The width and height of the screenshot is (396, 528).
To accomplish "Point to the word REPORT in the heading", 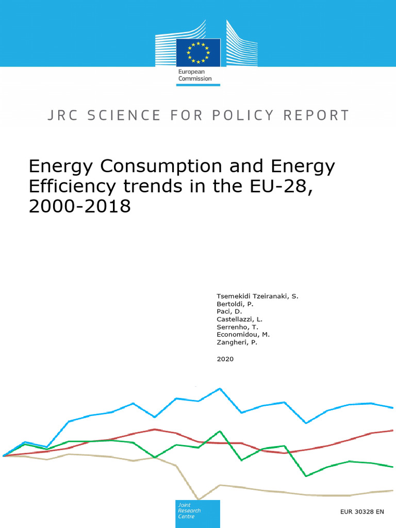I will [x=318, y=115].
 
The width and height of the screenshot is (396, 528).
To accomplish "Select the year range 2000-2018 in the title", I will [x=80, y=206].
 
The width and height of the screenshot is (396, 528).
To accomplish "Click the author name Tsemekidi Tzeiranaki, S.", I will [x=257, y=296].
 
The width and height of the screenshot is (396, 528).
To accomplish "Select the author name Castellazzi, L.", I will [x=240, y=319].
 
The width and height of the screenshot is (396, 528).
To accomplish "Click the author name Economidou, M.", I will [x=243, y=335].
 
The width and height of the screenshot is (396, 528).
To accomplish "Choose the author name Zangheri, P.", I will [x=237, y=342].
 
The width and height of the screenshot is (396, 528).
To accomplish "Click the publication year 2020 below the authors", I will [x=225, y=359].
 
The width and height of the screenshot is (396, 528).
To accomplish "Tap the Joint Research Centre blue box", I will [x=197, y=514].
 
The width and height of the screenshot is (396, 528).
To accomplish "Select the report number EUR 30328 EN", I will [x=362, y=512].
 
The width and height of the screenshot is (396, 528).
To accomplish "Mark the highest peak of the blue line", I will [x=220, y=389].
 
